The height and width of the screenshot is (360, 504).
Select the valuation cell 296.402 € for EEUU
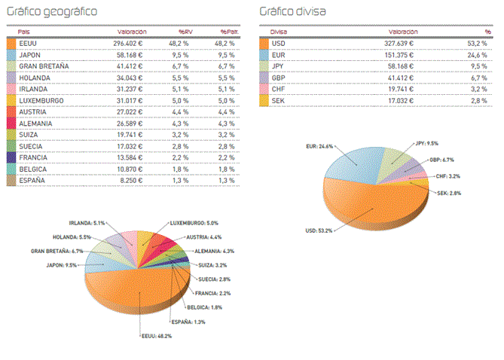point(129,44)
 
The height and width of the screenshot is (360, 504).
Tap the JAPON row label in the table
point(32,55)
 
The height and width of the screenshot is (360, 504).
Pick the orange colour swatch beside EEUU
point(11,44)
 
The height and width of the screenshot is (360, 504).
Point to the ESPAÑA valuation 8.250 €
point(133,180)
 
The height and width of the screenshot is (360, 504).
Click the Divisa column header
point(279,32)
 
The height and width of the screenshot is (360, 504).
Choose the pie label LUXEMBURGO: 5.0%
point(194,223)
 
